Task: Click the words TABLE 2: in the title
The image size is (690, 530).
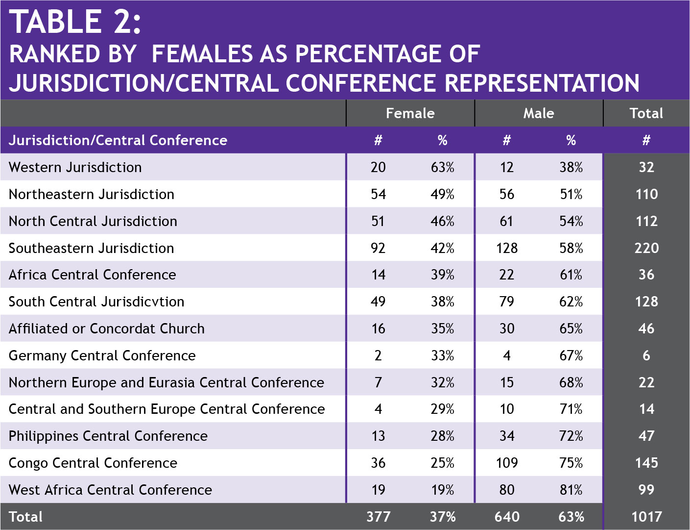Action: point(75,22)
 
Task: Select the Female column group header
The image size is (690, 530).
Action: point(410,113)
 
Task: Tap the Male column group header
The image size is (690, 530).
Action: point(539,113)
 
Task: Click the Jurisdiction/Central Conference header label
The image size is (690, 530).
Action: point(118,140)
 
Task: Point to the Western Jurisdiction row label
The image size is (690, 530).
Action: point(75,167)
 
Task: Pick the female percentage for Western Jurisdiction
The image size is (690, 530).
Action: point(443,167)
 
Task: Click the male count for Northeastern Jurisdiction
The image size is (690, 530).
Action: point(507,194)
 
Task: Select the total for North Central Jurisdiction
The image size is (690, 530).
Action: point(646,221)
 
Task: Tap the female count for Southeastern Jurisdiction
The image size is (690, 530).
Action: point(378,248)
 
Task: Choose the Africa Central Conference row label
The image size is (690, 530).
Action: point(93,275)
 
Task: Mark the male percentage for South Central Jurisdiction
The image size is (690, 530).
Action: point(571,302)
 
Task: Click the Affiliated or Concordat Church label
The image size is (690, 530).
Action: point(107,328)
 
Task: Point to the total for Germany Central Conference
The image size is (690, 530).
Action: point(646,355)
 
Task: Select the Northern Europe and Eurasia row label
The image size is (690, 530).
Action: point(167,382)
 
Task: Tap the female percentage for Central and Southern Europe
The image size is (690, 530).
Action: point(443,409)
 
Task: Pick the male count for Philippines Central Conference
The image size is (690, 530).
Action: point(507,436)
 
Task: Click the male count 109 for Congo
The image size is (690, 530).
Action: point(507,463)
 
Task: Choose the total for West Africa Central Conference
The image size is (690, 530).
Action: point(646,490)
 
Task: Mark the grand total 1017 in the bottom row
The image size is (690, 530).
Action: point(646,517)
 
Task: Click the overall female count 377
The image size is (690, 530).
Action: point(378,517)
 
